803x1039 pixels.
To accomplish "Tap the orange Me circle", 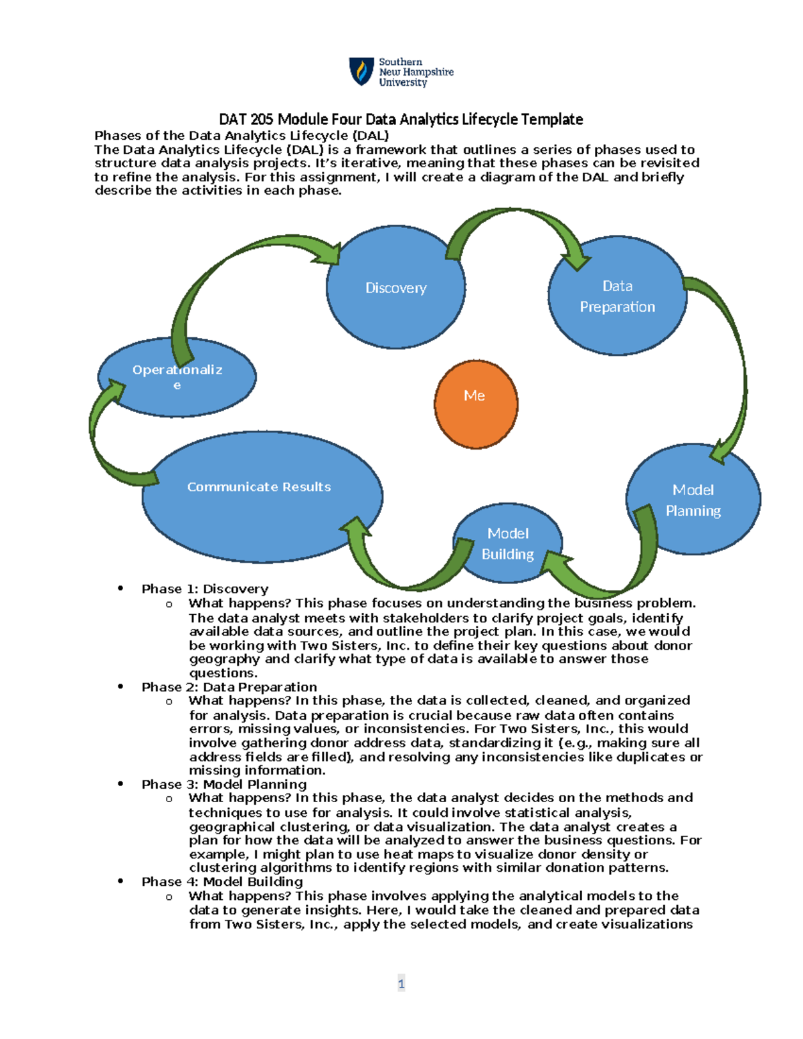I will click(476, 403).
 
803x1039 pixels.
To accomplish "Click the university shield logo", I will click(361, 71).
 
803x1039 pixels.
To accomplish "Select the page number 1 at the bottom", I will click(401, 983).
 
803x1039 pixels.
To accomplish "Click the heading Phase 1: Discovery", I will click(205, 589).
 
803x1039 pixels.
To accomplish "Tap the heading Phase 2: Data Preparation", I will click(229, 687).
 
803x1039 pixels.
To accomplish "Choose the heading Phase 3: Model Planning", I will click(224, 784).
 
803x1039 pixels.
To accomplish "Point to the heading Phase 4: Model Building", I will click(222, 882).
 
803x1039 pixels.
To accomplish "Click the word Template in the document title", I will click(552, 120).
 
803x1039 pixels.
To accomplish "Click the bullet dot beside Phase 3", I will click(120, 783).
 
